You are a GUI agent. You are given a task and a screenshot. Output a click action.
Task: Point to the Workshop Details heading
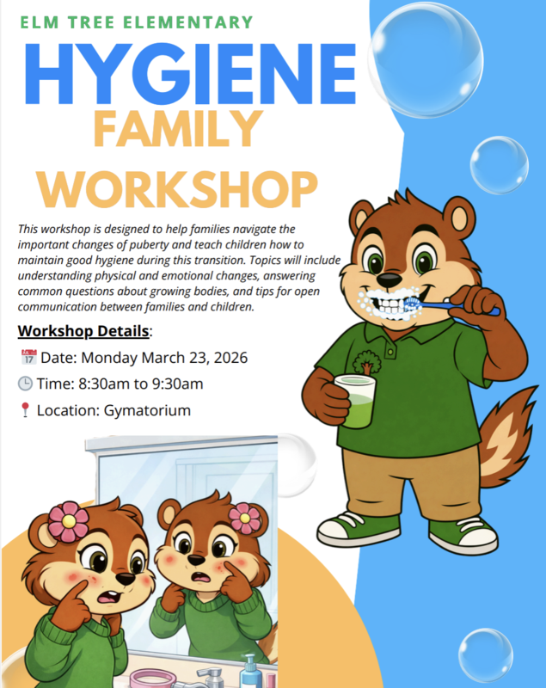pos(83,331)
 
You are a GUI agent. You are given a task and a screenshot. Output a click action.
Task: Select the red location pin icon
pos(25,411)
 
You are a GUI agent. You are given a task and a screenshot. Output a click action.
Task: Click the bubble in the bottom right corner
pos(486,654)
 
